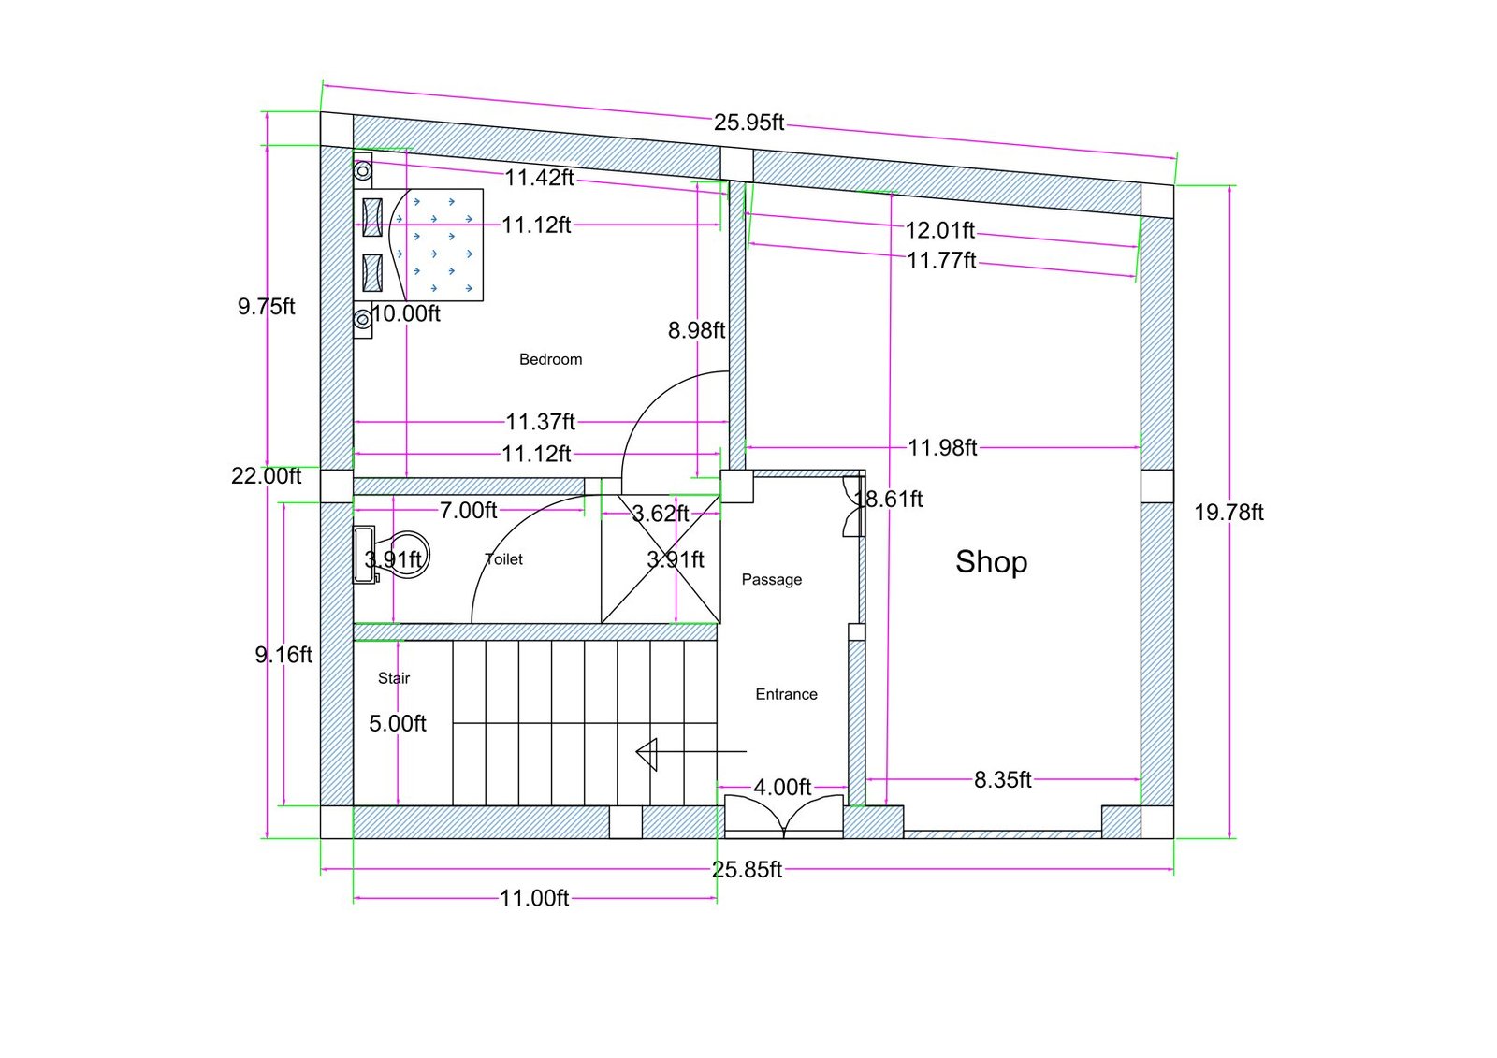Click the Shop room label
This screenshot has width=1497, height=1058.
pos(991,561)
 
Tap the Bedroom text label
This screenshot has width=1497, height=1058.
pos(550,359)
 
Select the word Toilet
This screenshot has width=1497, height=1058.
pos(504,559)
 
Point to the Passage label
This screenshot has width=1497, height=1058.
pos(771,580)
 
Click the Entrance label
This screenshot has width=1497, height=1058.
pos(786,694)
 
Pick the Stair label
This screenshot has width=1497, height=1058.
pos(394,678)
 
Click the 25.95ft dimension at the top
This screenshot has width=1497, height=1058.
pos(748,123)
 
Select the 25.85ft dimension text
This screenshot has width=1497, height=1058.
pos(747,870)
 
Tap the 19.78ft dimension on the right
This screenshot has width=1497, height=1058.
pos(1228,513)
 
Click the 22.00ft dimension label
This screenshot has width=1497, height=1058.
pos(267,476)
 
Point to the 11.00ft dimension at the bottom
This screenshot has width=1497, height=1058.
pos(534,899)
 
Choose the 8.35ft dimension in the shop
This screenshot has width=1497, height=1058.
pos(1002,780)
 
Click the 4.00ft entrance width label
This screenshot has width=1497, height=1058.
pos(782,788)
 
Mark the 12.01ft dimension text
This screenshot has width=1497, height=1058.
pos(939,230)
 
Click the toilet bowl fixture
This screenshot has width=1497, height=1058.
pos(404,555)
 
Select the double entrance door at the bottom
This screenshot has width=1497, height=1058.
pos(784,816)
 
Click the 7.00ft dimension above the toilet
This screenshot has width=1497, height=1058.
pos(468,511)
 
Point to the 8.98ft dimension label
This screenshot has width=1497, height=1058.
pos(696,330)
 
